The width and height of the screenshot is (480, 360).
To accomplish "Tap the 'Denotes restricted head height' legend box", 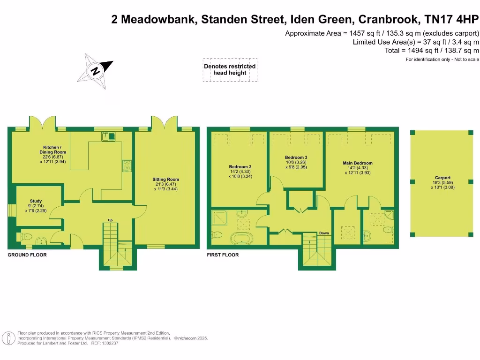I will pos(230,69).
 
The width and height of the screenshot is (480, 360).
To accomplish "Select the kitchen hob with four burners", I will pos(127,165).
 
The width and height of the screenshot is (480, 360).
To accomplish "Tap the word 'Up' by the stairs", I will pos(110,220).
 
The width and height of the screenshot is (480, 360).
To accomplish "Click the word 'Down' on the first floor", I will pos(324,233).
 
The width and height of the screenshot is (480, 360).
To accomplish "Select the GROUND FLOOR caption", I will pos(27,255).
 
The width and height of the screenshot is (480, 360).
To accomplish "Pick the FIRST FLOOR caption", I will pos(223,255).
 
